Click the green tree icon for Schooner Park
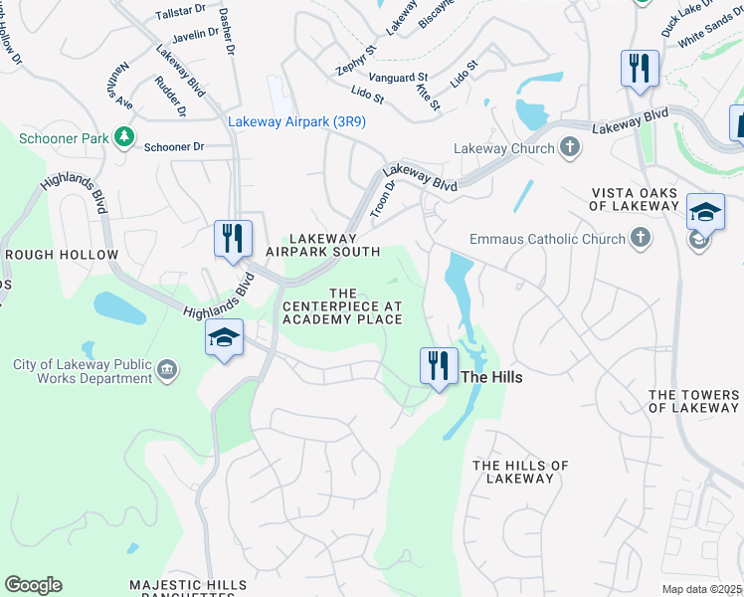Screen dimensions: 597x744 tap(124, 136)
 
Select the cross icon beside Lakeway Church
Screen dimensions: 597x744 tap(570, 148)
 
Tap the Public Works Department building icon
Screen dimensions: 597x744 tap(167, 371)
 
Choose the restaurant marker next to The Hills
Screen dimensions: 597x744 tap(438, 364)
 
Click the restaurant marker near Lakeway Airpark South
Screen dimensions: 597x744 tap(233, 239)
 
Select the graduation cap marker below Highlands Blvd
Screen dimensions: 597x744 tap(225, 338)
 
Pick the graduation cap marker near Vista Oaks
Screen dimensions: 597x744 tap(704, 212)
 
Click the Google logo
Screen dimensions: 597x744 tap(33, 585)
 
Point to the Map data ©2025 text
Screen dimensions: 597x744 tap(701, 589)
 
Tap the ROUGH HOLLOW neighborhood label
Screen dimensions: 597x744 tap(62, 256)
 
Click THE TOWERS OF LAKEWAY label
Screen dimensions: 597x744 tap(693, 402)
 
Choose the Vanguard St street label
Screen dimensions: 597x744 tap(398, 77)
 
